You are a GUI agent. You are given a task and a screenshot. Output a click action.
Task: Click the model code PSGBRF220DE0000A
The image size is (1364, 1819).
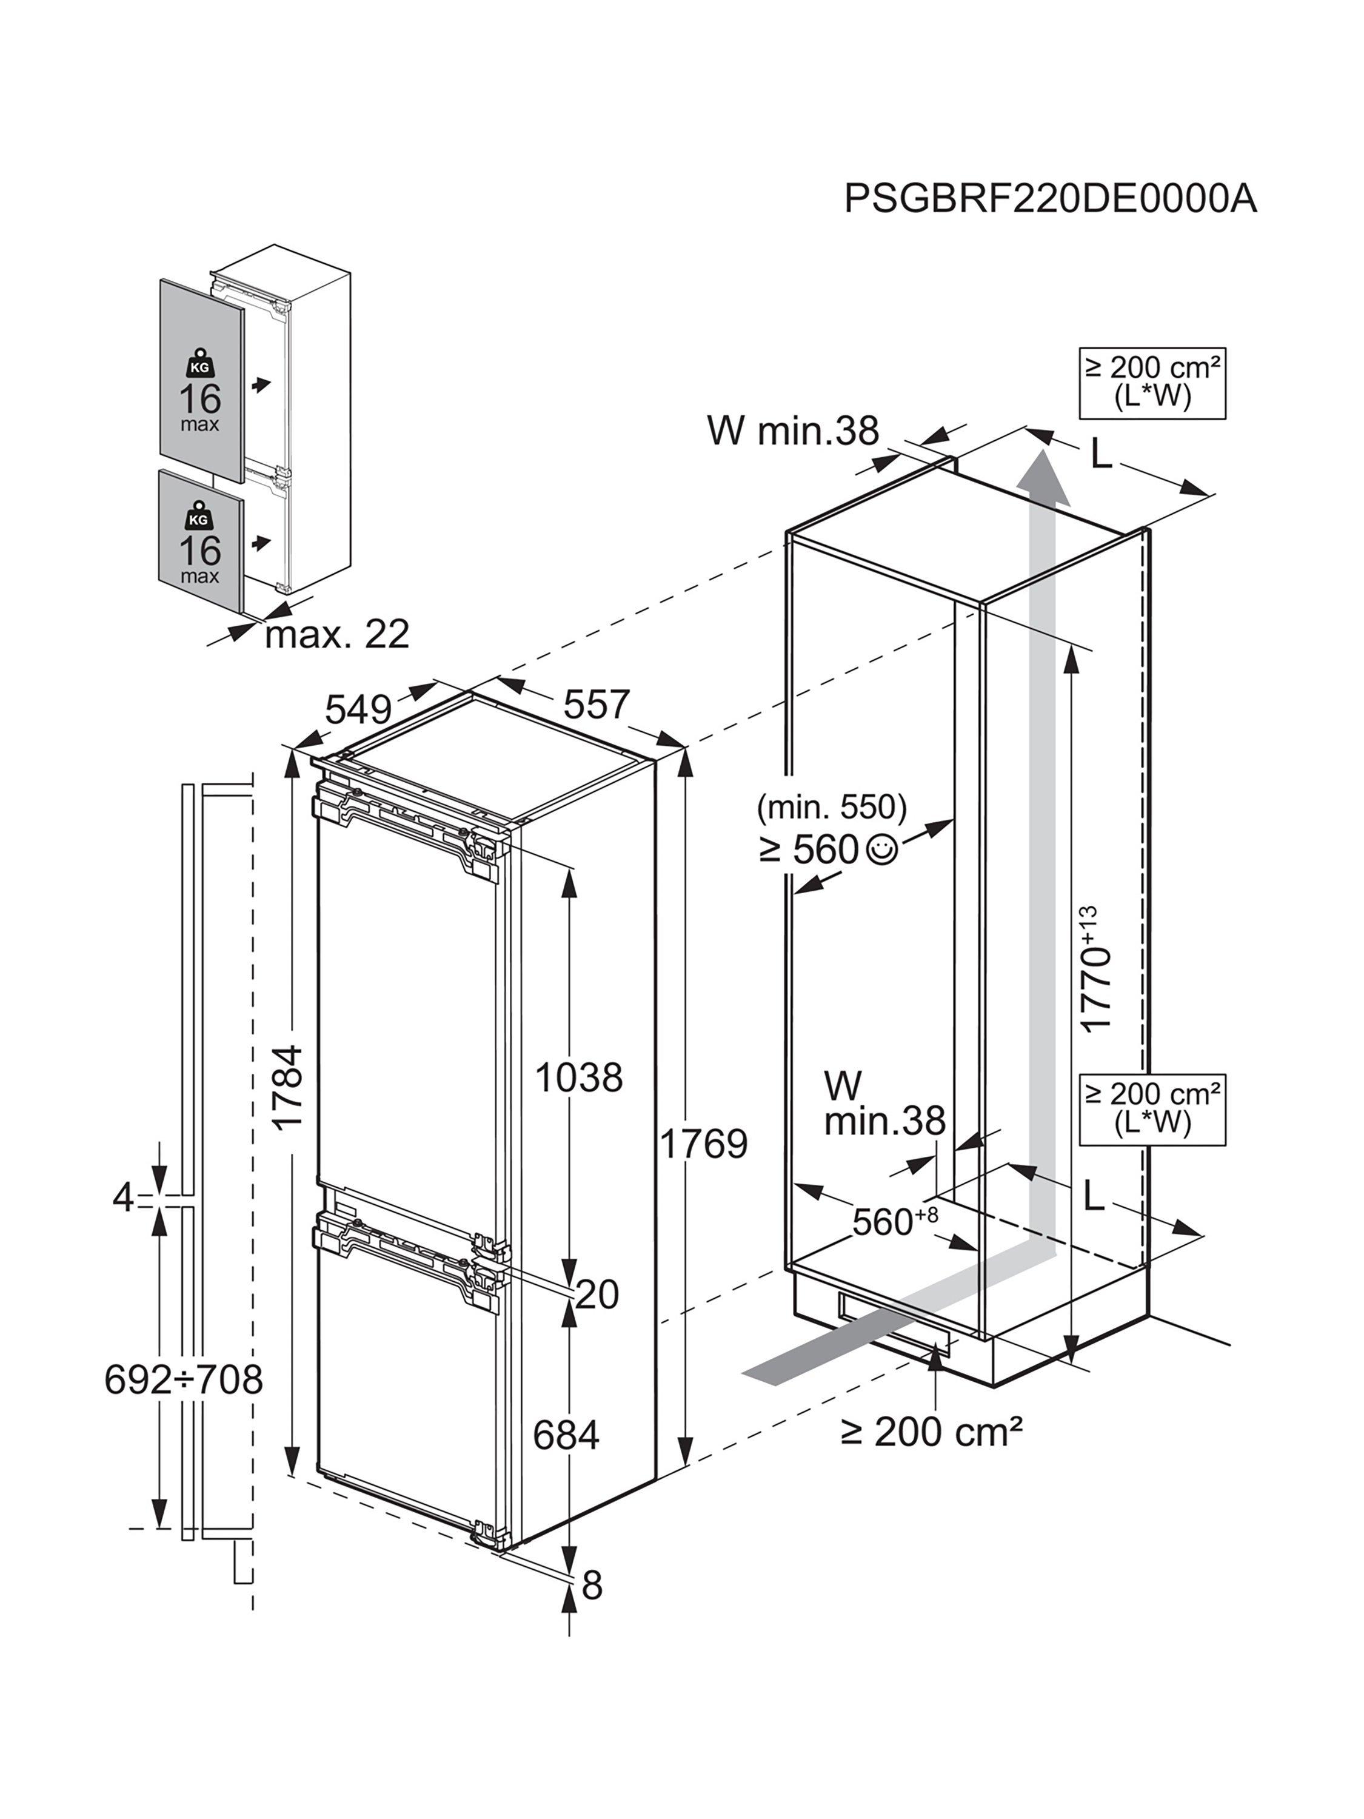click(x=1050, y=198)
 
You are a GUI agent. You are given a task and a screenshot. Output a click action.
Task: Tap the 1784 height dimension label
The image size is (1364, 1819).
click(x=289, y=1088)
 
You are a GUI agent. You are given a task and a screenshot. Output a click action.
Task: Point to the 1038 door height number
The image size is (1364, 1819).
click(x=579, y=1077)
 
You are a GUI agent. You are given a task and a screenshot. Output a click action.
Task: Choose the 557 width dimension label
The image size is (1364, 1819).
click(x=596, y=704)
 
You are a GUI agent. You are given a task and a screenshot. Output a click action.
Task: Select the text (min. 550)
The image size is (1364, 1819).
click(x=831, y=808)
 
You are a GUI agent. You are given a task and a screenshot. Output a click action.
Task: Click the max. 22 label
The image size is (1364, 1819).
click(x=337, y=634)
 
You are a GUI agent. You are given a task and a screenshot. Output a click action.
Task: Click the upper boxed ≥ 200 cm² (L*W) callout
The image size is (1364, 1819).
click(x=1152, y=383)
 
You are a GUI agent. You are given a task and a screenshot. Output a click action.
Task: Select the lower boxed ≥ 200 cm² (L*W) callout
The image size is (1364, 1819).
click(x=1152, y=1110)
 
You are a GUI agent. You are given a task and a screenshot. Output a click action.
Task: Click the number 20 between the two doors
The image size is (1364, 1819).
click(x=597, y=1295)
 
